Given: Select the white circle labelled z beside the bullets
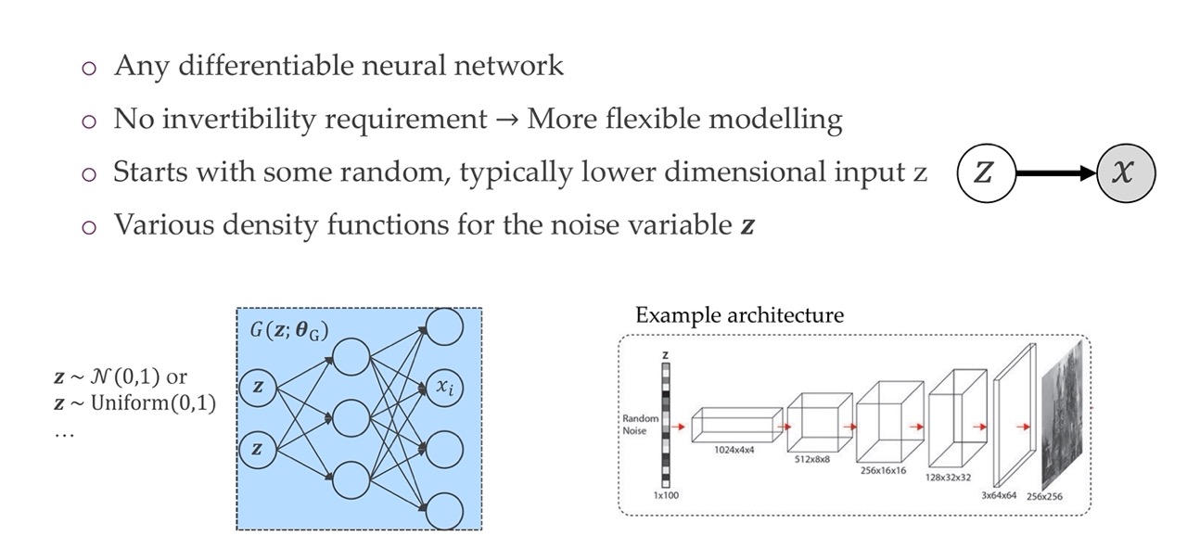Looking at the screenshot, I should coord(985,173).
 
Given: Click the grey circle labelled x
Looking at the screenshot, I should coord(1126,173).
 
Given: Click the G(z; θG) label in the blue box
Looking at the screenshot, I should coord(288,331).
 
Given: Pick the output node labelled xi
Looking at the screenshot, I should coord(443,388).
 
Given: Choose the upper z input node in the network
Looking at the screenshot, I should coord(258,389).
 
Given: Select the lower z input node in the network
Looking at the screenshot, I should coord(258,450).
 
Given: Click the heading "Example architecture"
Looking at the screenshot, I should coord(739,315).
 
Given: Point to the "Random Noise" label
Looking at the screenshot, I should coord(640,425).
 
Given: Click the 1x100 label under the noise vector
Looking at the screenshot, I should coord(665,495).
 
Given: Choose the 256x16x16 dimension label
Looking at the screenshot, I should coord(882,471).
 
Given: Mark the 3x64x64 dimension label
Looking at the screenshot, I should coord(998,496).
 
